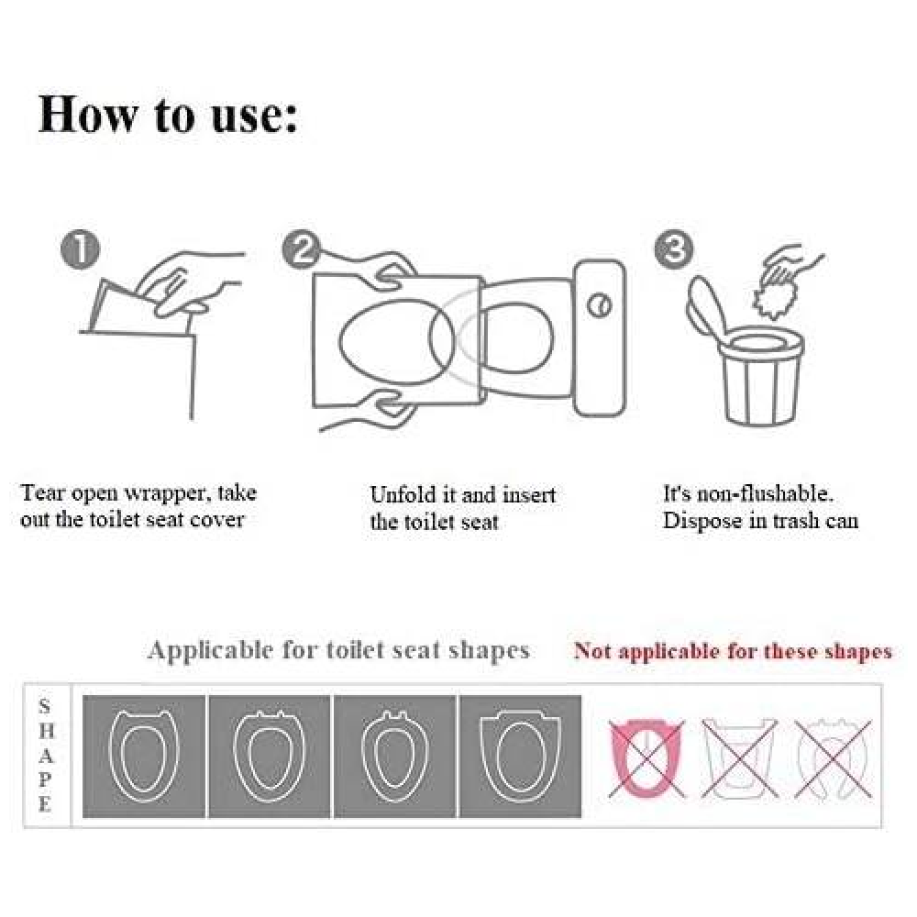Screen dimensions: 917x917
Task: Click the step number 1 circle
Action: (x=80, y=249)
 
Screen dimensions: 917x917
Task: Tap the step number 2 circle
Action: (x=301, y=249)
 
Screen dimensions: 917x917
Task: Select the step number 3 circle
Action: (x=674, y=249)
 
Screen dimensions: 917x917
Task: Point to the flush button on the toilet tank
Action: (x=599, y=304)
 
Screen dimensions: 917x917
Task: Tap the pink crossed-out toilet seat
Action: (x=646, y=758)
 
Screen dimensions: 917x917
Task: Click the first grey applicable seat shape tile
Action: (x=144, y=757)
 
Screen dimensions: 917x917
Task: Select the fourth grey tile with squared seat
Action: (x=521, y=757)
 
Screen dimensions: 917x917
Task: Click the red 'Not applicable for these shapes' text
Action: (x=733, y=651)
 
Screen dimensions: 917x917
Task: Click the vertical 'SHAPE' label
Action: (x=46, y=755)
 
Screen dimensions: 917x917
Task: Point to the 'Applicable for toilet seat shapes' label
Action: (x=338, y=650)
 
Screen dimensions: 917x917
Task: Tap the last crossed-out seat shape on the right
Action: (x=833, y=758)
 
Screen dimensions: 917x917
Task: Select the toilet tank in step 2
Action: (x=600, y=338)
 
